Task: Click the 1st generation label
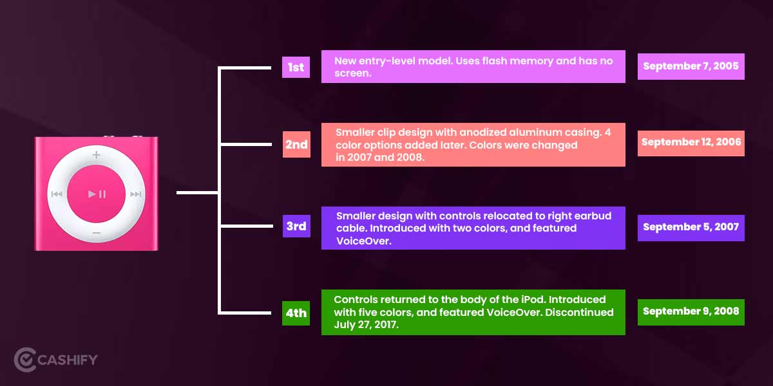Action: point(296,67)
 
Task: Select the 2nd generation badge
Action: point(296,144)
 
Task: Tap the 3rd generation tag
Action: point(296,226)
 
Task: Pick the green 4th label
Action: point(296,313)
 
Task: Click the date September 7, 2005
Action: point(691,66)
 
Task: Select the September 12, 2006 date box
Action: point(691,143)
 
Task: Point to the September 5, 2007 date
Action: point(691,228)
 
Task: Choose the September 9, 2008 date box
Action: point(691,312)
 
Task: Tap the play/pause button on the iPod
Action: point(96,194)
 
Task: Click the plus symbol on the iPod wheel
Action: point(96,155)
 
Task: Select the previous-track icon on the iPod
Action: point(57,194)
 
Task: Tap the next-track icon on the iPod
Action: point(136,194)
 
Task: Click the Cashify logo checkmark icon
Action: point(25,360)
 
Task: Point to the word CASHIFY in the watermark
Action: point(67,360)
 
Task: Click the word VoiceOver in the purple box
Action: point(363,241)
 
